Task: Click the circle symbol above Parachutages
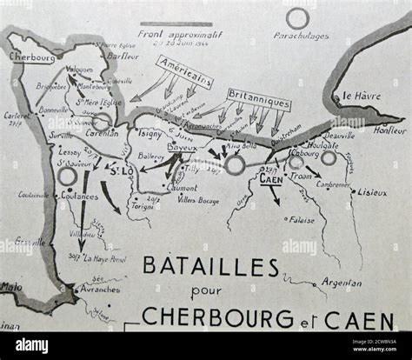point(298,18)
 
